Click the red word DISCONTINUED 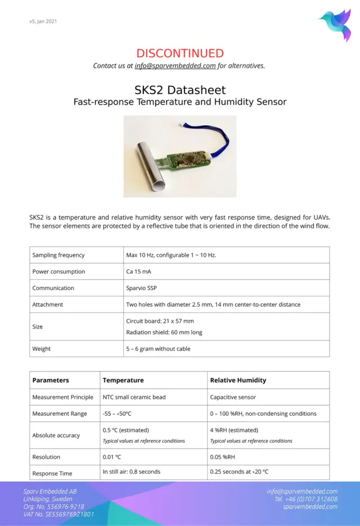pyautogui.click(x=180, y=53)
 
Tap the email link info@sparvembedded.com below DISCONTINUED pyautogui.click(x=175, y=66)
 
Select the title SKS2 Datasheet pyautogui.click(x=180, y=90)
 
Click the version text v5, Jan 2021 pyautogui.click(x=43, y=21)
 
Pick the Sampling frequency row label pyautogui.click(x=58, y=255)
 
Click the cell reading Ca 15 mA pyautogui.click(x=138, y=271)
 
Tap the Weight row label pyautogui.click(x=42, y=348)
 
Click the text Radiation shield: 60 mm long pyautogui.click(x=164, y=332)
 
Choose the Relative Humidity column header pyautogui.click(x=238, y=380)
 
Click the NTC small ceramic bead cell pyautogui.click(x=134, y=397)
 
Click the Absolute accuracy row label pyautogui.click(x=56, y=435)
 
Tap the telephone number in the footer pyautogui.click(x=306, y=499)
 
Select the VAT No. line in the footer pyautogui.click(x=58, y=514)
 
